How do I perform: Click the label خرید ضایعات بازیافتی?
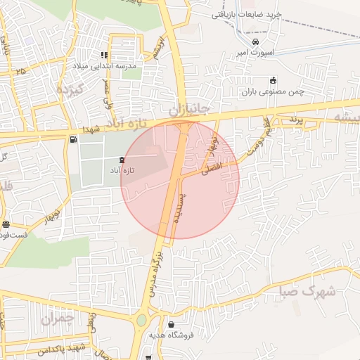pos(245,14)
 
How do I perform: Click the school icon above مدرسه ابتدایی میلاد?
pos(105,55)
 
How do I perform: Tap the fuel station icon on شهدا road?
pos(73,139)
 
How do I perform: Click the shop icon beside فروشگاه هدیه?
pos(173,325)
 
